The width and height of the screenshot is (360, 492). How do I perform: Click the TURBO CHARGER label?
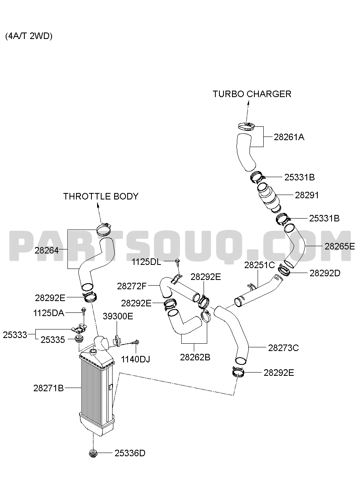(x=252, y=94)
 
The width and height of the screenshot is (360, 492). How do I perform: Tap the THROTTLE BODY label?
(x=101, y=196)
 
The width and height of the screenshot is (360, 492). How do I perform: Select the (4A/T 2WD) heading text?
(x=29, y=36)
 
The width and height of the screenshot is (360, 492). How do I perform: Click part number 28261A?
(x=289, y=137)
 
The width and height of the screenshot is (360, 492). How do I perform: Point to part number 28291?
(x=307, y=195)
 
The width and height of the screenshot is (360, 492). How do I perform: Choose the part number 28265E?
(x=340, y=247)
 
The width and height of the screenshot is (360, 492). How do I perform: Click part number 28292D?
(x=325, y=273)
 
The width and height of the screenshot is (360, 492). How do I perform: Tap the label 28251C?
(x=259, y=265)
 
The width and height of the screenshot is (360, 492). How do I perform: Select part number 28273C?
(x=283, y=348)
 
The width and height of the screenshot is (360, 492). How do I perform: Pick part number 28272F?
(x=132, y=286)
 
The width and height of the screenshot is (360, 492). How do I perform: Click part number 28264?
(x=47, y=250)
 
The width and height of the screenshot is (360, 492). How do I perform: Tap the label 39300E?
(x=118, y=316)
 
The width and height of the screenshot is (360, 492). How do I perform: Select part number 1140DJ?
(x=135, y=359)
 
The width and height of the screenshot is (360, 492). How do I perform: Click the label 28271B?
(x=48, y=388)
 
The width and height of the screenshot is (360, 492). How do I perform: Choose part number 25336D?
(x=130, y=453)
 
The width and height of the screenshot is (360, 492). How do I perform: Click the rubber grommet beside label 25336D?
(x=93, y=453)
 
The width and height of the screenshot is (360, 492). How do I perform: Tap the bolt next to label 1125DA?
(x=84, y=313)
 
